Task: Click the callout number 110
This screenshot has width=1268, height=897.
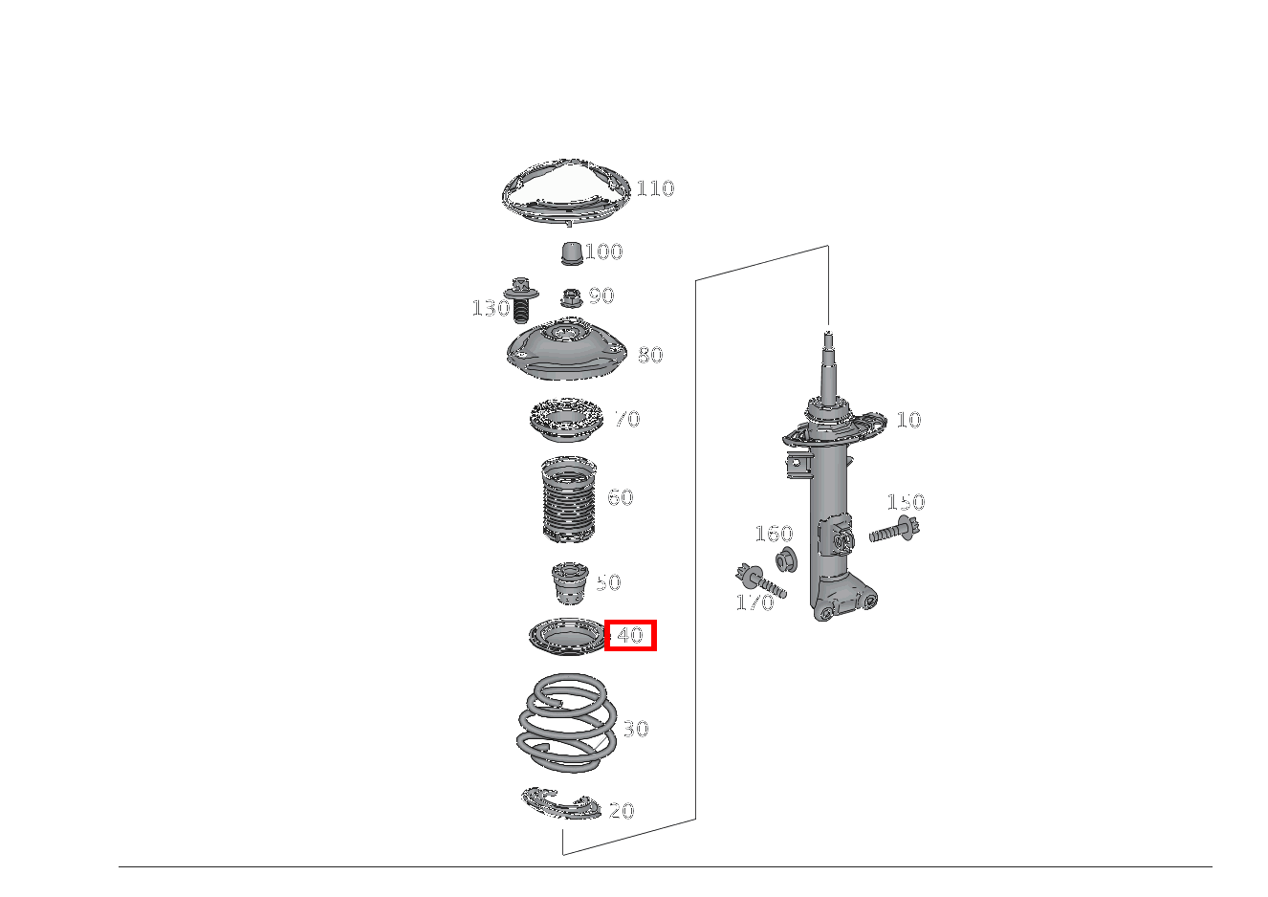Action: [x=655, y=188]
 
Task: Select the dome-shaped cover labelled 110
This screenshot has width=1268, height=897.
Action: [x=565, y=191]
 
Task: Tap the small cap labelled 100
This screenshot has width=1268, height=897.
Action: [x=571, y=253]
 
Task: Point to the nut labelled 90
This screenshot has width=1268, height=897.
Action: [x=571, y=297]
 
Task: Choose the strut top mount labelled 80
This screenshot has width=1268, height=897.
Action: [x=566, y=352]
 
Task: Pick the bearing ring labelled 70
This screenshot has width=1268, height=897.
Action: [x=565, y=421]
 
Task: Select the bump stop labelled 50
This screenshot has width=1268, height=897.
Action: [x=570, y=583]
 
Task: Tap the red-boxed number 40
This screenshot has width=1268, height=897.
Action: [x=630, y=635]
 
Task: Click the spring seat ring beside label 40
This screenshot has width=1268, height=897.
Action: [x=567, y=637]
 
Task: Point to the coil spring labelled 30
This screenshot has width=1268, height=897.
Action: [x=567, y=723]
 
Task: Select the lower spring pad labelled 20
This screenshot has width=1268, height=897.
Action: [x=560, y=803]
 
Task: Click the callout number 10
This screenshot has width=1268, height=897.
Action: [x=908, y=420]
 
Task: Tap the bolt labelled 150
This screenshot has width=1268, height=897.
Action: [x=894, y=529]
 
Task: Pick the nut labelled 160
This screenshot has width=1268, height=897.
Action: [x=786, y=559]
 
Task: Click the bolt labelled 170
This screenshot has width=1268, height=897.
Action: [x=761, y=581]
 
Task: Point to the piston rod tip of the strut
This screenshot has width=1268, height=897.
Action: [x=828, y=335]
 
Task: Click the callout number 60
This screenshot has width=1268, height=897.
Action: [x=620, y=497]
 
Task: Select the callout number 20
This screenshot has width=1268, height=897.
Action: [x=622, y=811]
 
